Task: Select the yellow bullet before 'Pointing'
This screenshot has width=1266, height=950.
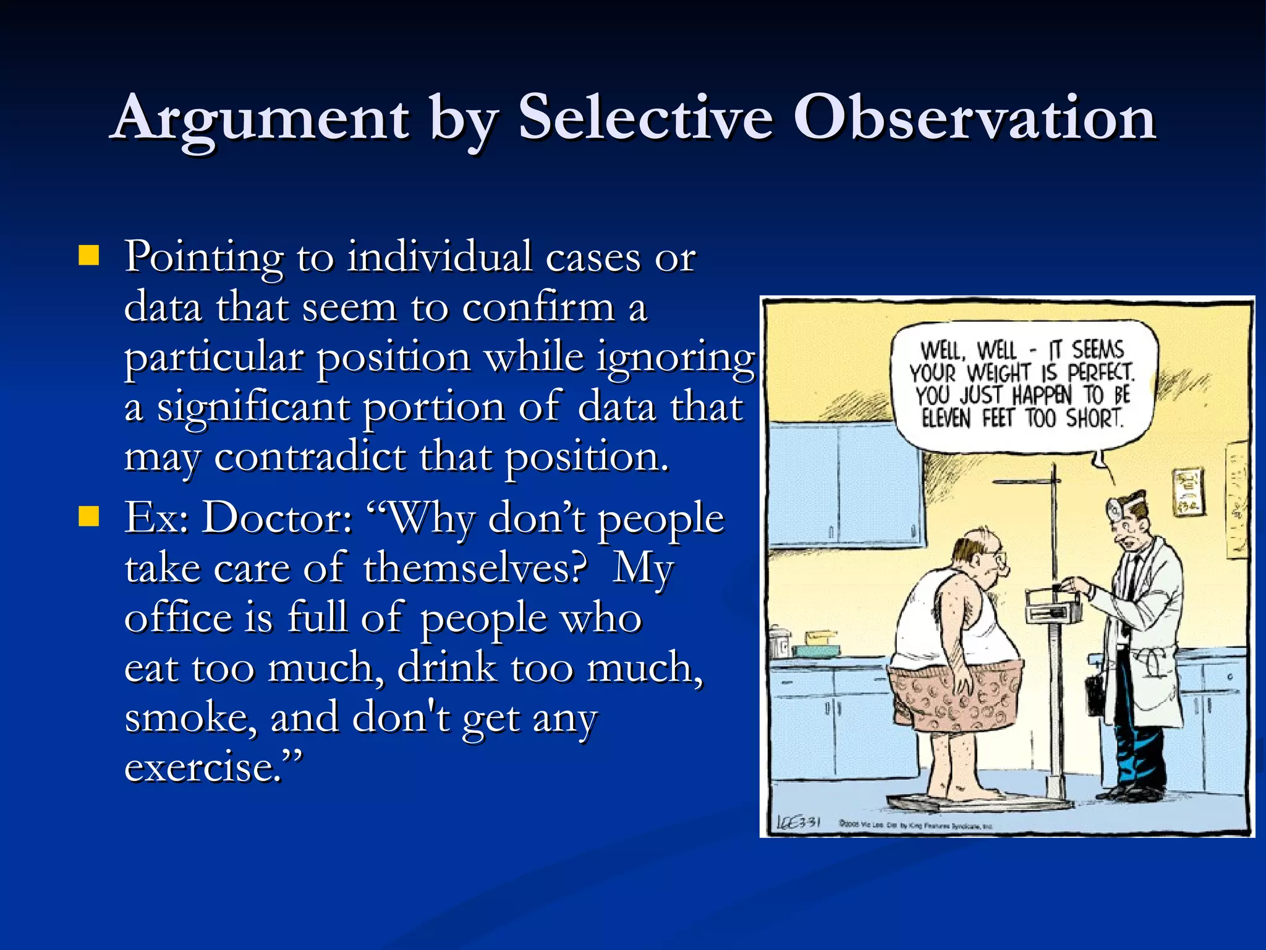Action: (89, 255)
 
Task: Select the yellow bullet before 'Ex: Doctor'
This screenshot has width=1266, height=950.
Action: (89, 516)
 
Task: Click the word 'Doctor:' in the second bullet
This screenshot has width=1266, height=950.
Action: (278, 518)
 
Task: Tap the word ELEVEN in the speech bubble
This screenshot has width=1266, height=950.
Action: (946, 419)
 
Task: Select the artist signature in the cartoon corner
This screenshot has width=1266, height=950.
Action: (798, 823)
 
